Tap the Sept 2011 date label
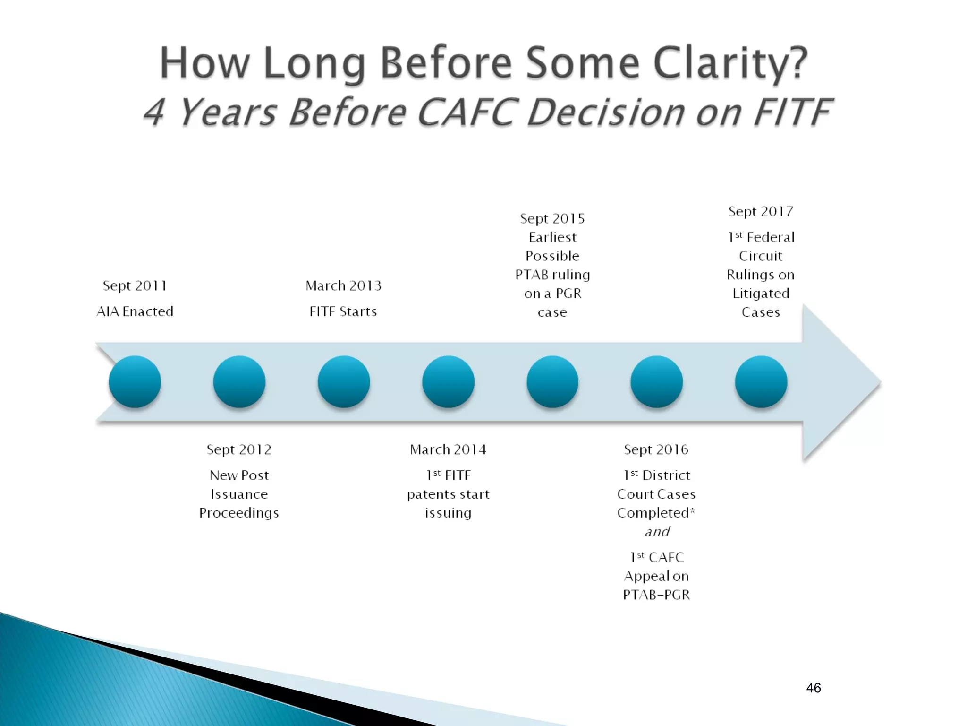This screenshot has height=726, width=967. coord(135,286)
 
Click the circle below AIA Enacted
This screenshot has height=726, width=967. coord(135,382)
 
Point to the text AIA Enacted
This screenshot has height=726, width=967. coord(135,311)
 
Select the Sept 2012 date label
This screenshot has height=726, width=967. coord(239,449)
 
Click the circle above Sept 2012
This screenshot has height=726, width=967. coord(239,382)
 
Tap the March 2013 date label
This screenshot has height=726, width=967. coord(343,286)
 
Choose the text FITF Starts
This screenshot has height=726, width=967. coord(343,311)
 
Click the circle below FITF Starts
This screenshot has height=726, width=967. coord(344,382)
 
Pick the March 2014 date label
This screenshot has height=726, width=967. coord(448,449)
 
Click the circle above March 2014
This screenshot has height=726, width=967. coord(448,382)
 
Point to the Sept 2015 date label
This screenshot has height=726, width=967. coord(552,218)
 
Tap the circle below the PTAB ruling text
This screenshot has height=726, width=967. coord(552,382)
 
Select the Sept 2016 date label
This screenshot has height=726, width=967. coord(656,449)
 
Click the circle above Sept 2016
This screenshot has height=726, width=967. coord(657,382)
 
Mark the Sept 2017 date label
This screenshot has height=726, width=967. coord(761,211)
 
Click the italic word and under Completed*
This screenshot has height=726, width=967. coord(657,532)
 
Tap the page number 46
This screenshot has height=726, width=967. coord(814,688)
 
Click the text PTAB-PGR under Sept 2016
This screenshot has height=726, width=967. coord(656,595)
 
